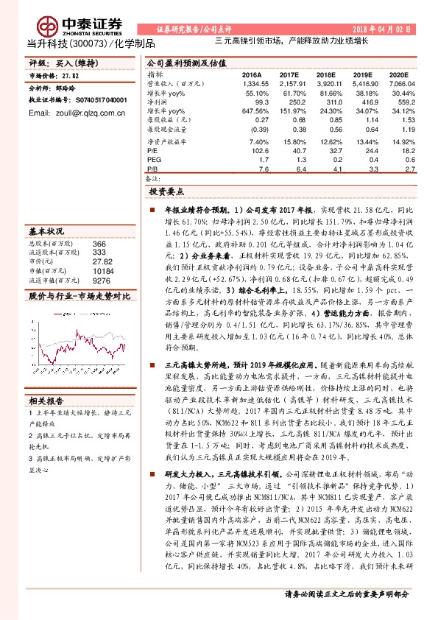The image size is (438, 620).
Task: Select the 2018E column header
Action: (x=325, y=75)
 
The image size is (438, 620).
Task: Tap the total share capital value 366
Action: (x=100, y=243)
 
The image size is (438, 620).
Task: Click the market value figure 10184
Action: (x=103, y=270)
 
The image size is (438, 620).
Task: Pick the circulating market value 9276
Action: (x=102, y=280)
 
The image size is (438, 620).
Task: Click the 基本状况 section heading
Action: (x=44, y=230)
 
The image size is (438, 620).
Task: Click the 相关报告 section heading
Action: (x=44, y=401)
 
